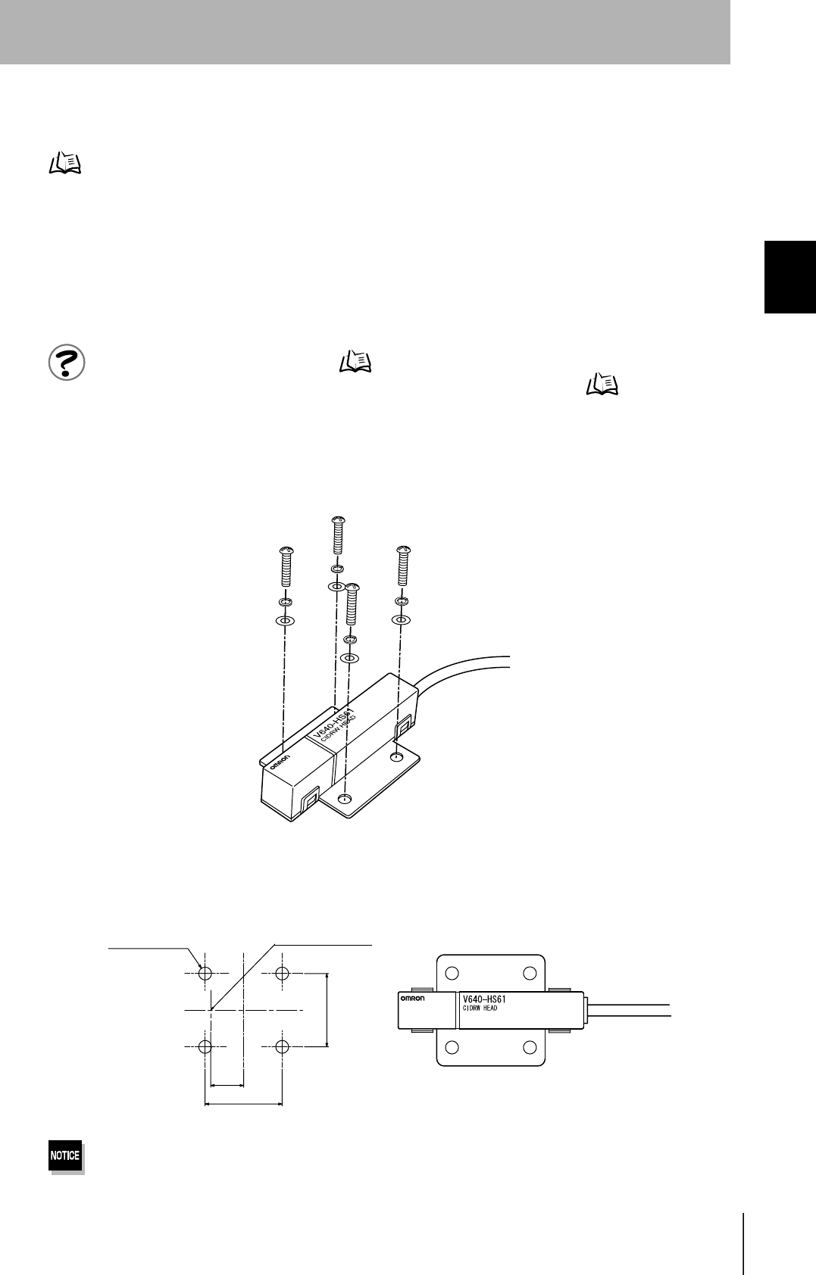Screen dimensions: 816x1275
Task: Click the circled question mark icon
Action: click(67, 363)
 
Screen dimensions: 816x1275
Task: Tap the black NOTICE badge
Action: click(65, 1155)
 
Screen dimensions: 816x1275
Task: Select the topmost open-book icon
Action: click(65, 164)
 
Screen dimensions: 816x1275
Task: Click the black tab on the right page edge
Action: click(789, 276)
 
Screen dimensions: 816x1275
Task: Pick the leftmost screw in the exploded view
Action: click(286, 566)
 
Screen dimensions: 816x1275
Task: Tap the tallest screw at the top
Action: click(338, 536)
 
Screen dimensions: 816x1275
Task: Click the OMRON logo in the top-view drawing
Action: click(412, 999)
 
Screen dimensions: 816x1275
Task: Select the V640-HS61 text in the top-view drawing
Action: click(484, 999)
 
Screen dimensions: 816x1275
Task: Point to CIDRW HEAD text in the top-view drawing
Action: click(480, 1008)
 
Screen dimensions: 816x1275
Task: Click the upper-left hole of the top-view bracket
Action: click(452, 973)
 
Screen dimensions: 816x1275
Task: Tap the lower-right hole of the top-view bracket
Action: click(530, 1047)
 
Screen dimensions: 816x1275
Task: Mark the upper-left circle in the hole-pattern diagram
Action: click(205, 973)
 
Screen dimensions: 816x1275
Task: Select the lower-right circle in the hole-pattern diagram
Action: click(283, 1047)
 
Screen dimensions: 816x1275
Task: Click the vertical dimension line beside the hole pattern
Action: click(327, 1010)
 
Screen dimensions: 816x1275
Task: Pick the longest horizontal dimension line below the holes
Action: click(243, 1104)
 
